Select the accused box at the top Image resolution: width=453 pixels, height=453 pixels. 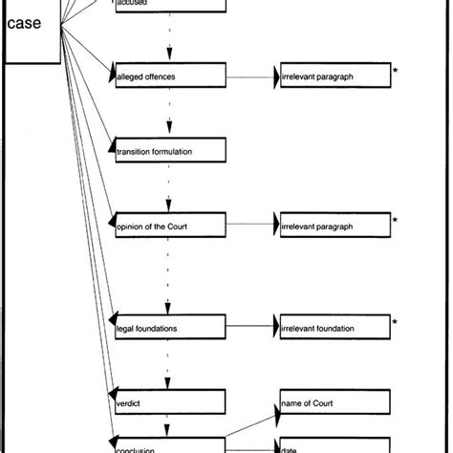169,6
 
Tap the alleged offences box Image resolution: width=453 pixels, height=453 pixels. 169,75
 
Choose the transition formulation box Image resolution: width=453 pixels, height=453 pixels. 169,150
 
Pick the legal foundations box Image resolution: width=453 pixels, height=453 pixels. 169,327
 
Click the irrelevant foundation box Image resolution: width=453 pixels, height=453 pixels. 333,327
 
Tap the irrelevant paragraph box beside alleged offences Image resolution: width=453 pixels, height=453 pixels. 333,75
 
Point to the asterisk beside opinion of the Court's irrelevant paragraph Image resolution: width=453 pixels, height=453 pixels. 395,222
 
